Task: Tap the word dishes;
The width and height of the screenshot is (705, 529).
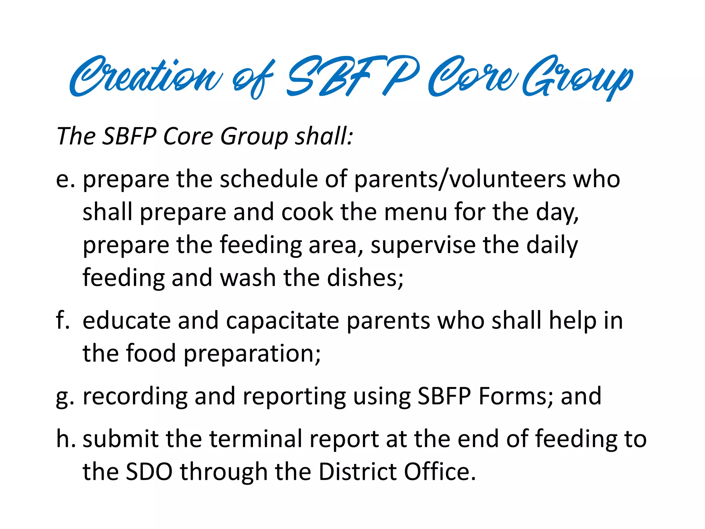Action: (365, 278)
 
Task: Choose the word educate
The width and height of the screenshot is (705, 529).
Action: (126, 320)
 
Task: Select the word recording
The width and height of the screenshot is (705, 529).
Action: (135, 397)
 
